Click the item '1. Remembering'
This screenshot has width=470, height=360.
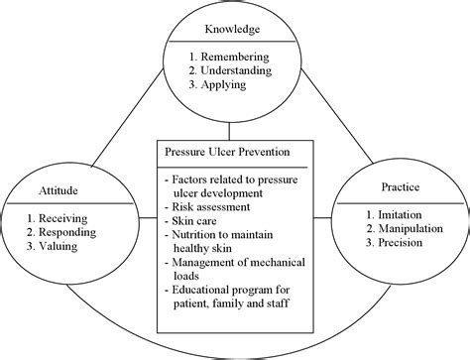click(x=235, y=58)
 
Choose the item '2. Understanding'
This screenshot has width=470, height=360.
click(x=238, y=72)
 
